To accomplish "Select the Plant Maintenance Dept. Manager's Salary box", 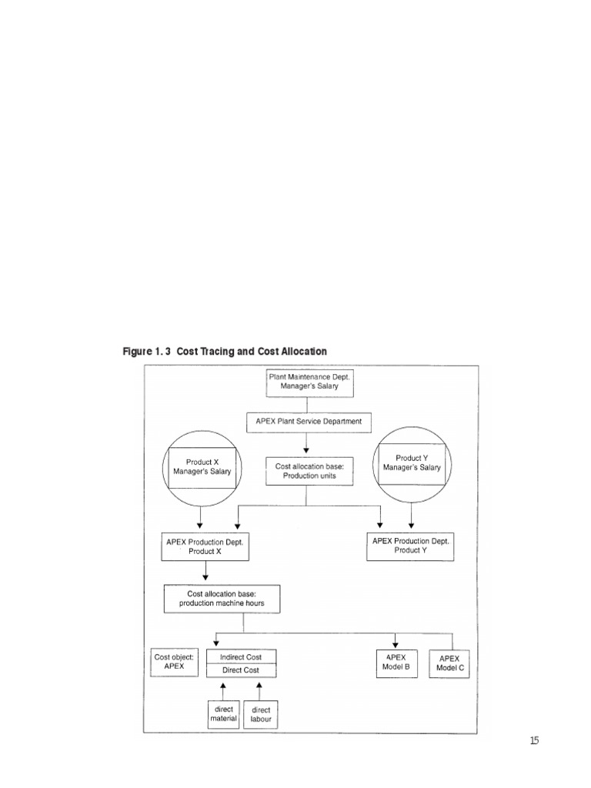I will coord(309,382).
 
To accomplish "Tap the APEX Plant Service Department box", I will coord(309,422).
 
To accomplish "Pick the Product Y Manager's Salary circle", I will coord(412,462).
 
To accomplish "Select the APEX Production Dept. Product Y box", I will coord(412,546).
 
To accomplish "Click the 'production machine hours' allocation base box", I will coord(222,599).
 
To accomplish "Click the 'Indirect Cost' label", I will coord(241,657).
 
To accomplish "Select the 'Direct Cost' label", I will coord(241,670).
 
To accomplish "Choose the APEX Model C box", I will coord(449,663).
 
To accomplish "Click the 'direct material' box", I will coord(224,714).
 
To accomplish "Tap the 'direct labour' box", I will coord(261,714).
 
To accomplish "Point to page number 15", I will coord(534,741).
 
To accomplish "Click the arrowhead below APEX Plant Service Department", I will coord(306,449).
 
